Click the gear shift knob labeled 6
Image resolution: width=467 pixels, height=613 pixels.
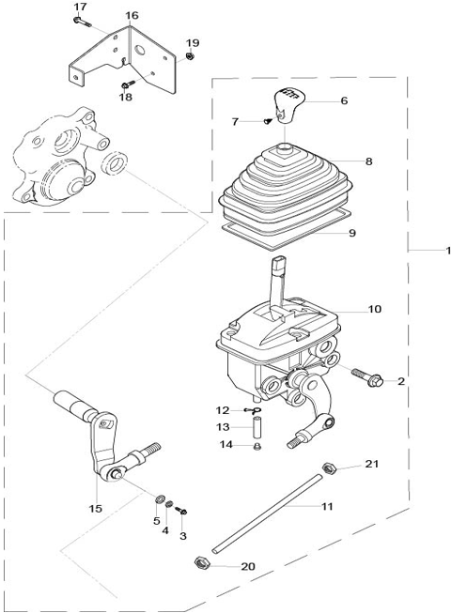click(x=288, y=106)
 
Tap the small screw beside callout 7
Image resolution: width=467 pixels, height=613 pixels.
click(x=268, y=121)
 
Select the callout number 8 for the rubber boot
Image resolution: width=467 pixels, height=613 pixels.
click(x=368, y=161)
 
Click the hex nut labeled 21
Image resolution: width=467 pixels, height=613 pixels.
click(x=329, y=467)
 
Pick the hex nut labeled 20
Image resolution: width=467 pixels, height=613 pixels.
click(x=202, y=562)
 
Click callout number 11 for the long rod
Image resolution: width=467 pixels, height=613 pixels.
click(x=327, y=507)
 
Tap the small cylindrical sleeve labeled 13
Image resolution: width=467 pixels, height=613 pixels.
click(x=256, y=427)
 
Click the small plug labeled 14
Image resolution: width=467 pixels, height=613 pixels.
click(x=257, y=446)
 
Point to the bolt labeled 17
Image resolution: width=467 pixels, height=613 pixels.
click(x=82, y=21)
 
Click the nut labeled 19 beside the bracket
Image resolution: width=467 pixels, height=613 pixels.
click(x=190, y=56)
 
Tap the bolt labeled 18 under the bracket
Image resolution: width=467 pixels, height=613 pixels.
click(x=128, y=84)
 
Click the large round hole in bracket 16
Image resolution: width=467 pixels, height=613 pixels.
click(x=140, y=50)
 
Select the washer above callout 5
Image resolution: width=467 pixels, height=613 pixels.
click(x=160, y=498)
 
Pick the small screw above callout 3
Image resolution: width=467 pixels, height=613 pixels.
click(x=180, y=510)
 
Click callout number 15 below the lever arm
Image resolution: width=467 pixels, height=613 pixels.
click(x=96, y=509)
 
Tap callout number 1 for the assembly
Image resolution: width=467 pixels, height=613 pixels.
click(x=448, y=251)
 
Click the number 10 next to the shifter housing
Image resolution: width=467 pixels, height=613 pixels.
click(x=374, y=309)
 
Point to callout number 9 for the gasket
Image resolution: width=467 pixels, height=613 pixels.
click(x=352, y=233)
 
